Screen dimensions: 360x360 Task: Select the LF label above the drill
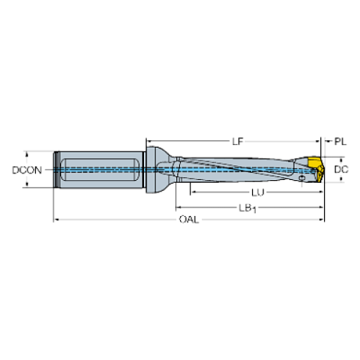tap(235, 140)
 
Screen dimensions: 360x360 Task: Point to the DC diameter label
tap(341, 170)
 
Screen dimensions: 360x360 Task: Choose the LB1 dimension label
tap(247, 207)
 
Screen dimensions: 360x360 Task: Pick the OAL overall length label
tap(188, 220)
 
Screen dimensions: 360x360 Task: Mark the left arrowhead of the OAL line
tap(55, 220)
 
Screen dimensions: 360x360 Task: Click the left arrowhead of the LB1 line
tap(176, 207)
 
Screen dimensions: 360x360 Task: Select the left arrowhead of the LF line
tap(149, 140)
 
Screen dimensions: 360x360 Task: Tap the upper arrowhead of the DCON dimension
tap(26, 154)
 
